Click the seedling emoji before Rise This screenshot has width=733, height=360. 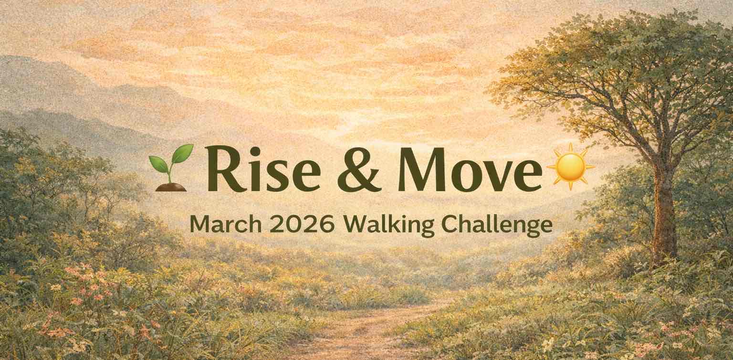coord(171,168)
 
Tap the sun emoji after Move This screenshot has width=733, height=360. coord(570,166)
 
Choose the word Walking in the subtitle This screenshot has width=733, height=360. coord(389,226)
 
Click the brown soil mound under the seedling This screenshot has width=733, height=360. coord(171,187)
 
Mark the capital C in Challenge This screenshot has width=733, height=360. coord(450,225)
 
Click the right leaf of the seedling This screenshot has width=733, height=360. coord(183,154)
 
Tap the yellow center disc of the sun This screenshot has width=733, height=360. coord(570,167)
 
